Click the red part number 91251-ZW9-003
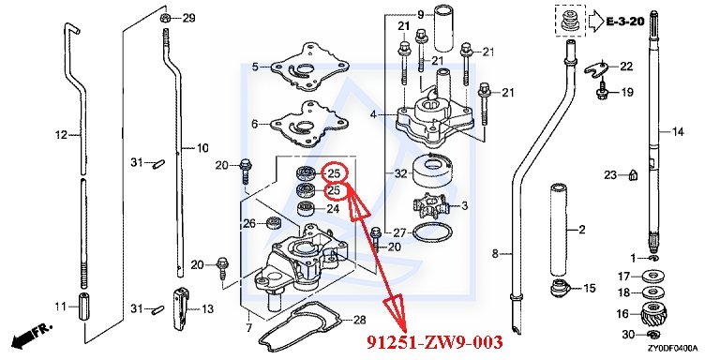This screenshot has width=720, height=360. click(434, 342)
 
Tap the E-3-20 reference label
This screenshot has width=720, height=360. click(625, 21)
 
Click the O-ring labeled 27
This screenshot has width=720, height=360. click(429, 232)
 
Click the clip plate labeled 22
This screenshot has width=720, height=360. click(600, 67)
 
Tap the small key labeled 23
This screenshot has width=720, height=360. click(633, 174)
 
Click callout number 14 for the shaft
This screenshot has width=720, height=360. click(678, 132)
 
